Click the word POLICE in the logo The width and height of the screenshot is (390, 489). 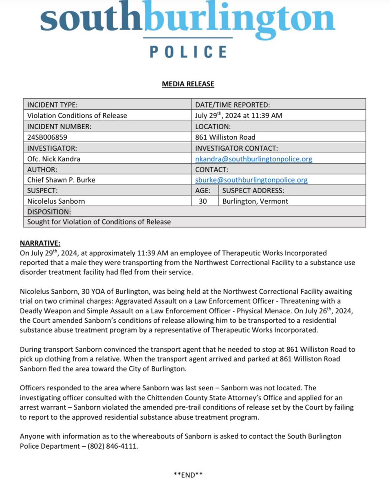(188, 52)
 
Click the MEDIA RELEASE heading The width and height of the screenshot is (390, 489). (188, 84)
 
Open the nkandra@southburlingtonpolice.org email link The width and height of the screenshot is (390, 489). (253, 159)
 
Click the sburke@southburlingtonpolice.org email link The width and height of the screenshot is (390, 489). (251, 180)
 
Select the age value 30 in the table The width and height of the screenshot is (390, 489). (203, 201)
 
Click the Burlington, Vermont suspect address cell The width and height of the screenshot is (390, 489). (255, 201)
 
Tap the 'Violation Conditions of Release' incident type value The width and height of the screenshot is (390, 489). (77, 115)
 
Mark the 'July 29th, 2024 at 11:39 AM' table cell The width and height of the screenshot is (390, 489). (238, 115)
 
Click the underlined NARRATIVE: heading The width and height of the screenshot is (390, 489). (40, 243)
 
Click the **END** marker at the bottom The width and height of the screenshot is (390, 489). (188, 474)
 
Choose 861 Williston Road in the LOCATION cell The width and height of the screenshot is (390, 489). (225, 137)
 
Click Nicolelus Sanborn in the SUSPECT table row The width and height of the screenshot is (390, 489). (56, 201)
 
